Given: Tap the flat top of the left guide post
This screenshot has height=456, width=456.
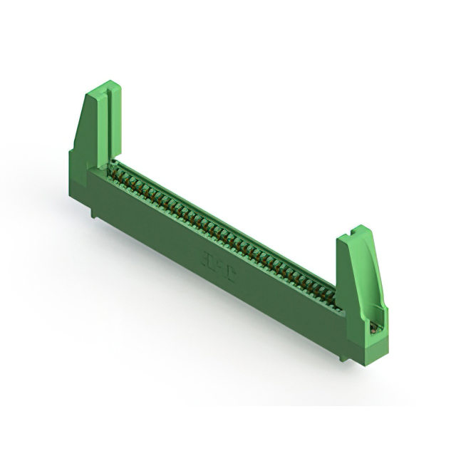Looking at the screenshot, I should click(x=103, y=87).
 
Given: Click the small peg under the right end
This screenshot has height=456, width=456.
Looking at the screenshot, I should click(x=347, y=354).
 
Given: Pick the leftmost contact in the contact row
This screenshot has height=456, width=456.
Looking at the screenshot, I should click(x=114, y=166).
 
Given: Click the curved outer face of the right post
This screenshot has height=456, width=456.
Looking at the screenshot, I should click(x=373, y=271).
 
